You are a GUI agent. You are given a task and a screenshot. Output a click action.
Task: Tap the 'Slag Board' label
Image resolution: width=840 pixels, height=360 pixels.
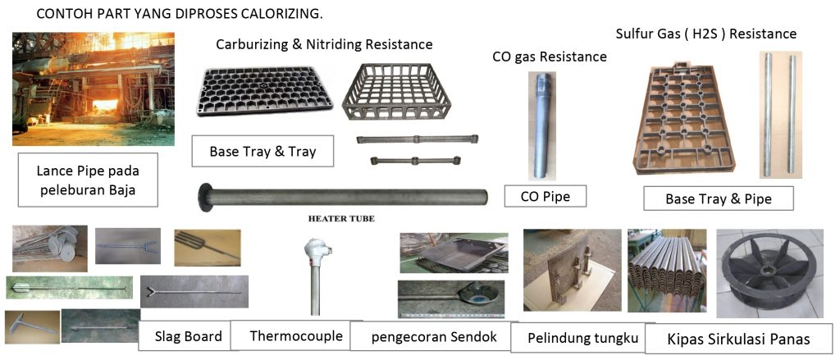click(x=189, y=336)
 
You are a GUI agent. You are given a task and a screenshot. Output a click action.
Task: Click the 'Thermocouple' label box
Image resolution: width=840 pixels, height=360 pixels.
click(x=289, y=335)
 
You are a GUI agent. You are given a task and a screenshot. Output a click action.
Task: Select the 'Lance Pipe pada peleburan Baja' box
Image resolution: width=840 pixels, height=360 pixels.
click(x=86, y=182)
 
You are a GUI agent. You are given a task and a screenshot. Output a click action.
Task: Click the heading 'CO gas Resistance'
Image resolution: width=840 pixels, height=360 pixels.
click(x=550, y=57)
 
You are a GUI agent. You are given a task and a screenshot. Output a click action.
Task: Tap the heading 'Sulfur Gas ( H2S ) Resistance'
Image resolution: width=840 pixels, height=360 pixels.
click(x=705, y=34)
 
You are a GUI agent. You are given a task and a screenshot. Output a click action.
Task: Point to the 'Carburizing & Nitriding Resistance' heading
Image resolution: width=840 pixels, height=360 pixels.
click(x=324, y=43)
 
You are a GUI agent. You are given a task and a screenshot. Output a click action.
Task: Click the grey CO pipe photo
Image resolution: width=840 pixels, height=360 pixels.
click(x=542, y=123)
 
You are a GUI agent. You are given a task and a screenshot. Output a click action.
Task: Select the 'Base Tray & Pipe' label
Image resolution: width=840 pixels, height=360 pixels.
click(x=719, y=198)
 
